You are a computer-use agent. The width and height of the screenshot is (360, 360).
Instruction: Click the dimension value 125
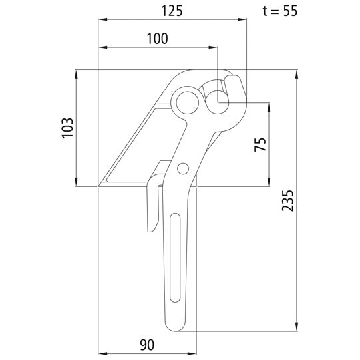[x=172, y=11]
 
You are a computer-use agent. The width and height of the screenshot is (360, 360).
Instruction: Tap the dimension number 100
[x=157, y=39]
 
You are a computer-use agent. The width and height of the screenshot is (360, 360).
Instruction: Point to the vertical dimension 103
[x=67, y=127]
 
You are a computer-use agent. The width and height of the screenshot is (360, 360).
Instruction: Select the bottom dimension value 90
[x=147, y=344]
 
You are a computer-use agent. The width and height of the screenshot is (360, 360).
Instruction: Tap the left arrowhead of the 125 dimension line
[x=100, y=20]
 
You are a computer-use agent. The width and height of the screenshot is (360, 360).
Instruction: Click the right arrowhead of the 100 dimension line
[x=215, y=48]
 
